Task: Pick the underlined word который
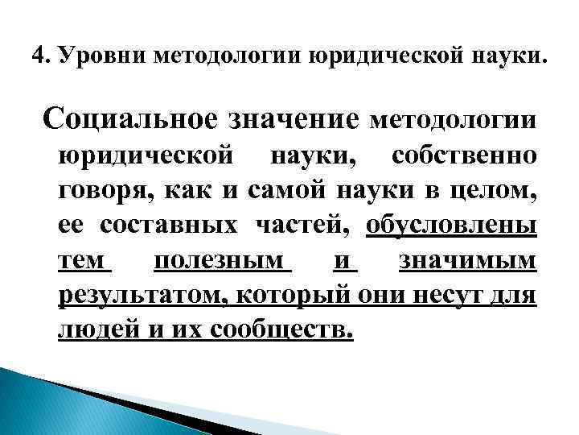282,296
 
